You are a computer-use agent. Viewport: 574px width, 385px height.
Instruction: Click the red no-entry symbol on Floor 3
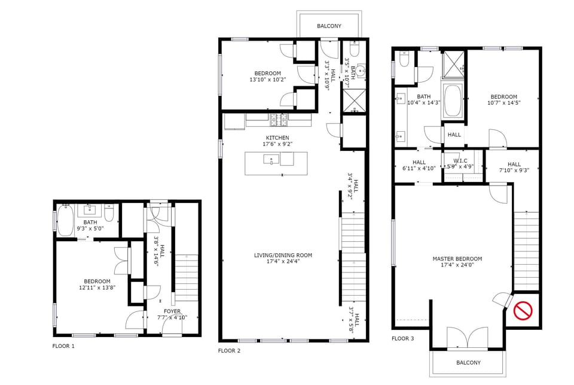tap(523, 311)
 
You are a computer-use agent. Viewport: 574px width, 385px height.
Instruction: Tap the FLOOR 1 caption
tap(64, 346)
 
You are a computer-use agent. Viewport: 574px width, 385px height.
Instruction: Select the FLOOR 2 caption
tap(229, 351)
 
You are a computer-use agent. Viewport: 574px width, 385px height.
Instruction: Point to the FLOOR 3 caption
tap(402, 339)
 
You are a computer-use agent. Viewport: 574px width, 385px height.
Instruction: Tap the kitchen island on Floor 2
tap(276, 163)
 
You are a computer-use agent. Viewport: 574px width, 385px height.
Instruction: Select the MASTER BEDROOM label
tap(457, 259)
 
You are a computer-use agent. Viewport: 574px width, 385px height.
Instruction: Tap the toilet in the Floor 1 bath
tap(109, 213)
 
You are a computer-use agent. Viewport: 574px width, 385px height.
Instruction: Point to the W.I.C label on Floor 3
tap(460, 160)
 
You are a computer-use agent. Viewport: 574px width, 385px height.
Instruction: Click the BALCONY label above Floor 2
tap(329, 26)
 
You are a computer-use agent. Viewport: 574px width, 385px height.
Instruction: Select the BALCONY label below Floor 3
tap(468, 363)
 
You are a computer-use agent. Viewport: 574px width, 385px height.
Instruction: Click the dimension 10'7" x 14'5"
tap(504, 103)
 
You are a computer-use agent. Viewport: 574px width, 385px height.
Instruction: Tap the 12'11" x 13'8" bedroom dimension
tap(96, 288)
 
